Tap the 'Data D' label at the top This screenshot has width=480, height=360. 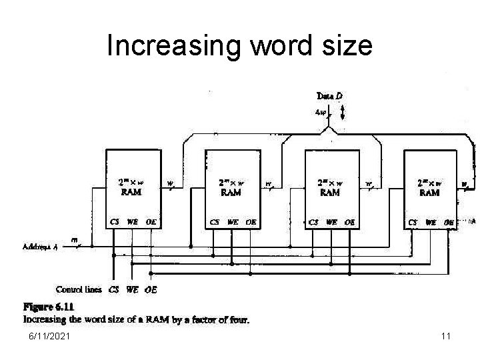(x=330, y=96)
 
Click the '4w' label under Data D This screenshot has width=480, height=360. (x=321, y=112)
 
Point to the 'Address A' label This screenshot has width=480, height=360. (x=40, y=246)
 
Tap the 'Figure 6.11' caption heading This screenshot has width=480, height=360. (x=49, y=307)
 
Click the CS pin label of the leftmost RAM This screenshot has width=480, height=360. (x=115, y=222)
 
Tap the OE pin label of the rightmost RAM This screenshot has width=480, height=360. (x=449, y=222)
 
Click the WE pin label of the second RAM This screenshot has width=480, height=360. (x=233, y=222)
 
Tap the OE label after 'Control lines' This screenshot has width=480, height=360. (x=151, y=289)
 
